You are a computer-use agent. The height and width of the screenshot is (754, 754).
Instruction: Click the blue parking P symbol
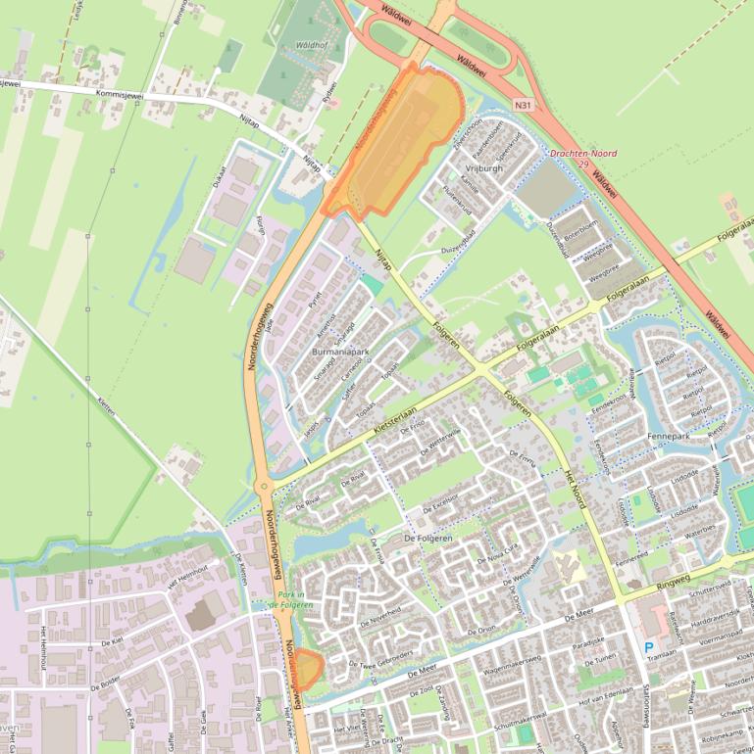[x=648, y=647]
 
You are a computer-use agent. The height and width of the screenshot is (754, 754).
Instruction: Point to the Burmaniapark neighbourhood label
[x=339, y=351]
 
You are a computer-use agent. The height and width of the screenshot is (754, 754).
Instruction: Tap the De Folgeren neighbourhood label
[x=427, y=539]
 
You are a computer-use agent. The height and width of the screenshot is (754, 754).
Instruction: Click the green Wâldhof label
[x=311, y=45]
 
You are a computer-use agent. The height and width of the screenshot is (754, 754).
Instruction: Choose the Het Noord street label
[x=575, y=487]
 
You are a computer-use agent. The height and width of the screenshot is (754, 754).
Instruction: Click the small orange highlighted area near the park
[x=308, y=669]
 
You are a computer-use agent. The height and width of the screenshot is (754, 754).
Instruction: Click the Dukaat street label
[x=219, y=179]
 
